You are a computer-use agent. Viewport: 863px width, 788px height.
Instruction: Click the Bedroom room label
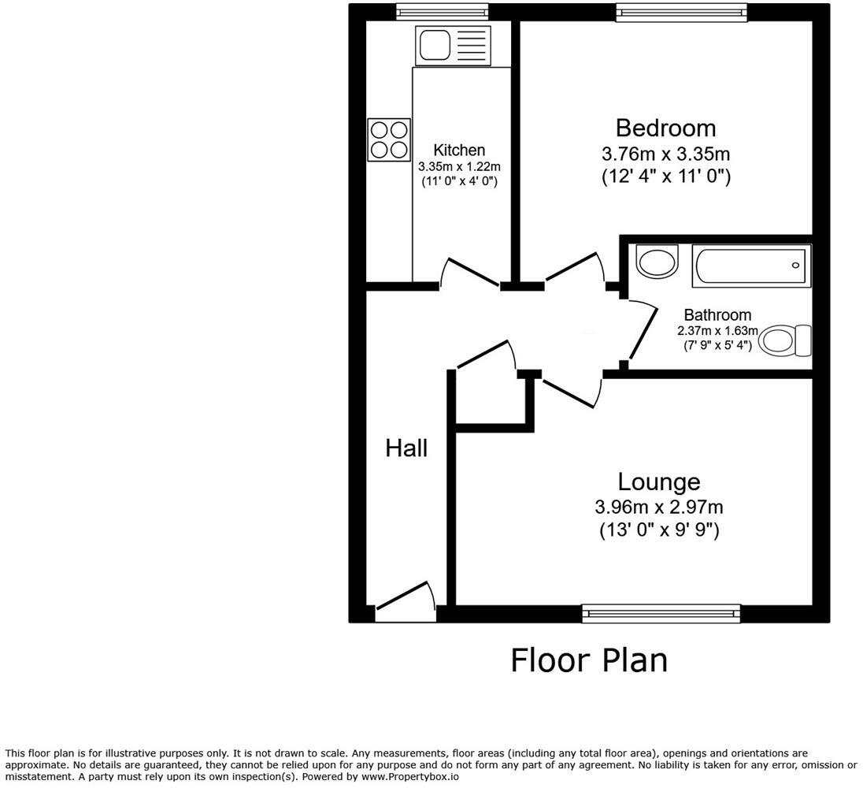click(665, 128)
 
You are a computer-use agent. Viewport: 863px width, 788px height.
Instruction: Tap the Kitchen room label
click(459, 150)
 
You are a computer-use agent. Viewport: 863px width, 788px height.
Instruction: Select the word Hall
click(406, 448)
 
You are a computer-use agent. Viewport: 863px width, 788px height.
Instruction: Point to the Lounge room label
click(658, 481)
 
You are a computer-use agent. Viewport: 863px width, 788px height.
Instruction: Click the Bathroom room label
click(717, 315)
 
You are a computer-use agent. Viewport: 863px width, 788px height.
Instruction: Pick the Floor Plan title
click(589, 660)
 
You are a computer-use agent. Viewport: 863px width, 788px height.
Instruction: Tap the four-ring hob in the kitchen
click(389, 139)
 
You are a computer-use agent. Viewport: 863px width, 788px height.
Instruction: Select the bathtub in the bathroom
click(751, 266)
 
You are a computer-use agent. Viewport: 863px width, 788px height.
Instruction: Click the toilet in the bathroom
click(787, 340)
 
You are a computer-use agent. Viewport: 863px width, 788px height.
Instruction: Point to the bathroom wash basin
click(657, 262)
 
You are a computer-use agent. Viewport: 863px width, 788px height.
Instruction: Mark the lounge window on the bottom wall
click(661, 613)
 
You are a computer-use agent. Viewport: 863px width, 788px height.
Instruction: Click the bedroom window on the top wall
click(681, 12)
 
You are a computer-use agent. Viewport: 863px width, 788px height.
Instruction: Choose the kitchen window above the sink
click(442, 12)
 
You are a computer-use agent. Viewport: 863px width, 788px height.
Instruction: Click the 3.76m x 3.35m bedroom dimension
click(665, 153)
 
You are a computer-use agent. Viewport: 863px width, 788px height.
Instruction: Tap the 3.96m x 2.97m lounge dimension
click(659, 507)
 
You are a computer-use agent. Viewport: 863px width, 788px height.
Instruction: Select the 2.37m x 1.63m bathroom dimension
click(717, 331)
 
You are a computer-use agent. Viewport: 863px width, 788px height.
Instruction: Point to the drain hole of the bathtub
click(796, 265)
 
